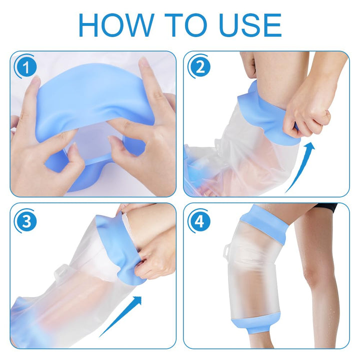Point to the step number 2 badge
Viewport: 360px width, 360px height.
(199, 67)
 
